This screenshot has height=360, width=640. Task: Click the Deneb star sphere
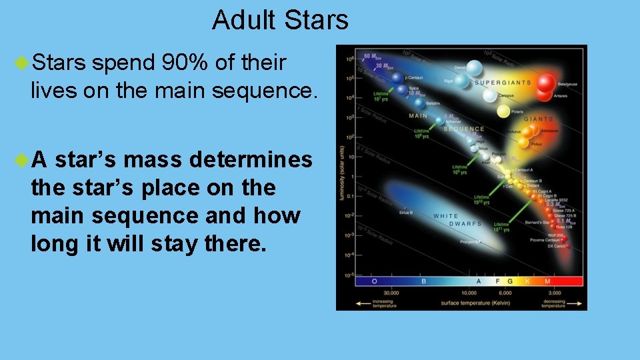tap(474, 67)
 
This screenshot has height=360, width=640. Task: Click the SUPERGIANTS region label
tap(503, 83)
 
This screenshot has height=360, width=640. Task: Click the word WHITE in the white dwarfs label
tap(445, 216)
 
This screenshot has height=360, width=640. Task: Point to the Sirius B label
tap(406, 213)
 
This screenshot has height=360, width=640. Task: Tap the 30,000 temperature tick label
tap(391, 293)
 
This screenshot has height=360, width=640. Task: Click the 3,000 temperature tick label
tap(554, 293)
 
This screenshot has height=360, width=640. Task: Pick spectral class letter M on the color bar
tap(547, 281)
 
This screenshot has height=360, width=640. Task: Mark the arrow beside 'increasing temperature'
tap(364, 302)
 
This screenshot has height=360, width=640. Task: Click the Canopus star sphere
tap(490, 95)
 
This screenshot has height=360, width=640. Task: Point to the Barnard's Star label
tap(537, 221)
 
